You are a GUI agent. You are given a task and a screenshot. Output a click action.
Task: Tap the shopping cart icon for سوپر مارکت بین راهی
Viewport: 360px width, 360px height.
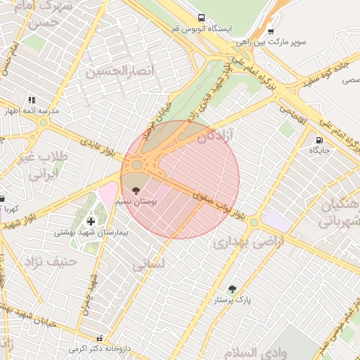pos(271,31)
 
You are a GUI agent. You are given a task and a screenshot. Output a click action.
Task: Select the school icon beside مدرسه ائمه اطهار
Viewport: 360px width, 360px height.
pos(31,101)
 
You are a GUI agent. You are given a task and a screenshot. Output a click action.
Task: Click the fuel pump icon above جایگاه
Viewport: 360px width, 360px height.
pos(320,139)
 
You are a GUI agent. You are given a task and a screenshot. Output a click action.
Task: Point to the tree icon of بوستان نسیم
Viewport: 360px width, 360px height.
pos(136,190)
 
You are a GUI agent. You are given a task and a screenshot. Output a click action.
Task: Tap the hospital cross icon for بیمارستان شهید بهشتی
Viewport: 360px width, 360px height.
pos(91,221)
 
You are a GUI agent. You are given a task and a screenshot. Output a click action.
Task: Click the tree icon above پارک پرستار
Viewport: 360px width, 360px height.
pos(232,288)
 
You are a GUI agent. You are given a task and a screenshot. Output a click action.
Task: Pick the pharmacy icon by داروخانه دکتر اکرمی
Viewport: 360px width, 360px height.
pos(100,338)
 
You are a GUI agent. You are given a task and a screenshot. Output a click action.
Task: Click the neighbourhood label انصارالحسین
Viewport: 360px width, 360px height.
pos(110,71)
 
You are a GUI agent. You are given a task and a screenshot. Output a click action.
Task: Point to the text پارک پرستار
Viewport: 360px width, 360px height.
pos(233,300)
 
